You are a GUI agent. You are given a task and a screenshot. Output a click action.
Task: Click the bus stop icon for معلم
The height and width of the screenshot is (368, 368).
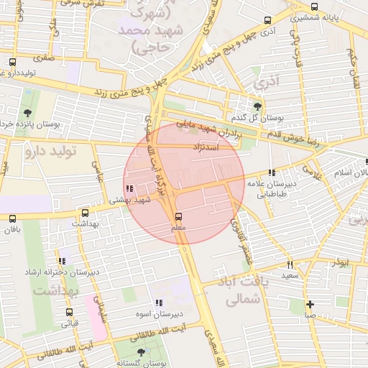point(178,216)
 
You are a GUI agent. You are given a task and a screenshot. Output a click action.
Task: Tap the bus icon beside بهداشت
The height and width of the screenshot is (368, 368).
point(86,213)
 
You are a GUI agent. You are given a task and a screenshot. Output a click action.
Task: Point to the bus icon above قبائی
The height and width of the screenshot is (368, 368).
point(69,312)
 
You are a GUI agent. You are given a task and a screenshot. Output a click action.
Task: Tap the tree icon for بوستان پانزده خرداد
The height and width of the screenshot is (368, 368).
point(27,113)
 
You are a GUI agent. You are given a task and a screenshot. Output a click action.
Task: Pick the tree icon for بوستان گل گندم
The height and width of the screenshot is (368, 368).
point(258,106)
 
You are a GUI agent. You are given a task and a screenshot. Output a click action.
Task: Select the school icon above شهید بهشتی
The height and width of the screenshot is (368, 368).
point(129,189)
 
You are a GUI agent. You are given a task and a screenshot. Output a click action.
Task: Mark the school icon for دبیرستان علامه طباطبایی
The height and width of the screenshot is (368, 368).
point(271,172)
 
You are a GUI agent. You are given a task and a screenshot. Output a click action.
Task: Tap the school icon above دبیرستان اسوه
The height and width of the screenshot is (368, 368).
point(158,303)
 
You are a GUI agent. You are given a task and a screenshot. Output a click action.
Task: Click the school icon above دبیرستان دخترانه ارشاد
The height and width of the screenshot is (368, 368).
point(61,261)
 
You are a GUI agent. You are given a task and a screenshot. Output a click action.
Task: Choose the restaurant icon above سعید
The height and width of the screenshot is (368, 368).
point(290,264)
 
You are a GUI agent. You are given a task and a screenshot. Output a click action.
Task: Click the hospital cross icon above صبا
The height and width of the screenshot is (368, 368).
point(310,304)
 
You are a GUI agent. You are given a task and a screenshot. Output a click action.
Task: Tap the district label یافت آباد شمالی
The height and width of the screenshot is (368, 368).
point(244,291)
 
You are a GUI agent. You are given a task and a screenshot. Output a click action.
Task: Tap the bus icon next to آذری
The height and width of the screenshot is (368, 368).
point(267,20)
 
